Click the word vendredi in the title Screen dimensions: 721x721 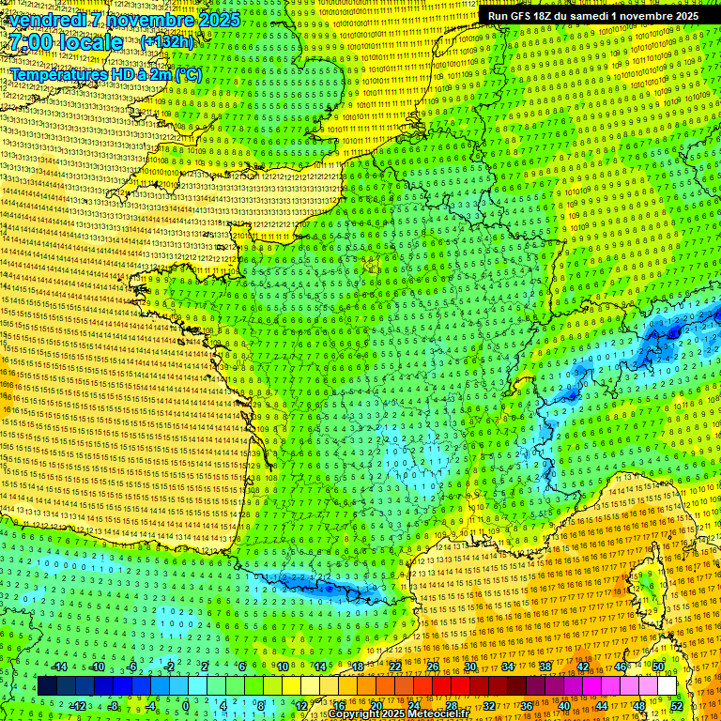(46, 20)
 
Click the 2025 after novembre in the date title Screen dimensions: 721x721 (218, 20)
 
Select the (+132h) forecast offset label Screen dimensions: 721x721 (167, 41)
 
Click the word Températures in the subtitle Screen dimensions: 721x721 (57, 74)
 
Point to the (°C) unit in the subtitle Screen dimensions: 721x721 (186, 74)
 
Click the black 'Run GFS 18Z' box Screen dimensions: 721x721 (591, 15)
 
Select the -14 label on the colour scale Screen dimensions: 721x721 (59, 667)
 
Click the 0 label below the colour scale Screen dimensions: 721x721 (185, 705)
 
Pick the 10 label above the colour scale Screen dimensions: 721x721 (282, 667)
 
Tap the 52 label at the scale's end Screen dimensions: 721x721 (677, 705)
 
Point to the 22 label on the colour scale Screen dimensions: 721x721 (394, 667)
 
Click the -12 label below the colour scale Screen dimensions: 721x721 (78, 705)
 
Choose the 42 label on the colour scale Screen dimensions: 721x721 (582, 667)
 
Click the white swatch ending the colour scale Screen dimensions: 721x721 (667, 686)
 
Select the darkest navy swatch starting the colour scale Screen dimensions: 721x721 (48, 686)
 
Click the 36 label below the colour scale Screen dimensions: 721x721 (527, 705)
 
